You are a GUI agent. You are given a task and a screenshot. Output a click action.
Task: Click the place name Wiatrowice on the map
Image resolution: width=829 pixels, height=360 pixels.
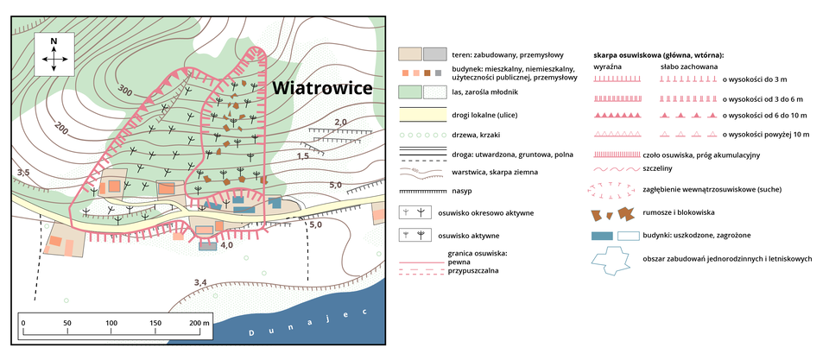(x=321, y=89)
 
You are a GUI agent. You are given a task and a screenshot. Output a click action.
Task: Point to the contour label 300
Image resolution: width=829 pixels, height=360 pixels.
(x=125, y=91)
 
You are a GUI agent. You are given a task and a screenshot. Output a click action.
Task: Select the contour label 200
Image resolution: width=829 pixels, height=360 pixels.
(x=61, y=129)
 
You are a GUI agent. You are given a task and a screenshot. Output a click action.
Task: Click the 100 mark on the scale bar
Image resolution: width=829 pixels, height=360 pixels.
(x=111, y=323)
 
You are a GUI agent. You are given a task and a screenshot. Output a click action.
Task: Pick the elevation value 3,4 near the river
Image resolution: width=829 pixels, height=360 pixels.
(x=200, y=282)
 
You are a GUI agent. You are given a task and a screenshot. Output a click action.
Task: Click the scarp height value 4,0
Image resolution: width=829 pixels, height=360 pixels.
(x=227, y=246)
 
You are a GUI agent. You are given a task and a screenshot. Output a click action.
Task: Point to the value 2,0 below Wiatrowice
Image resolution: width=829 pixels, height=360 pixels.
(x=340, y=122)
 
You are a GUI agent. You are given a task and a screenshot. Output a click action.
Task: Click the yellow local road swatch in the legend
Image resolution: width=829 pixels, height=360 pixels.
(x=421, y=113)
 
